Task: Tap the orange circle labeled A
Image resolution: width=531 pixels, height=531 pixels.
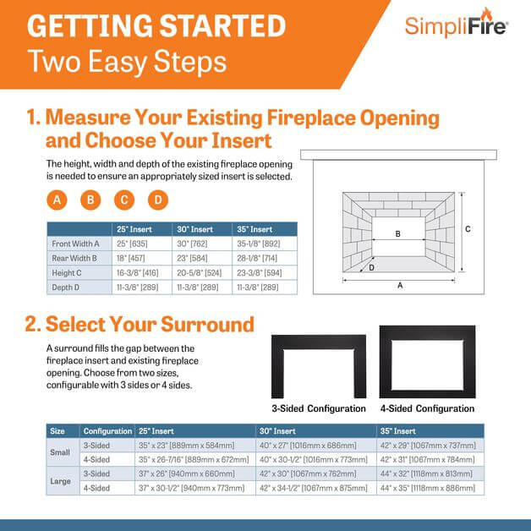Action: [57, 200]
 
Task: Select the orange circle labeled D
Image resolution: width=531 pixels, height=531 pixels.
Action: [158, 200]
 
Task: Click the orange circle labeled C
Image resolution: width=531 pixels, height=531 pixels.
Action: [124, 200]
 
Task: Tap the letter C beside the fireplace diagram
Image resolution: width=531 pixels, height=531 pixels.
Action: [468, 229]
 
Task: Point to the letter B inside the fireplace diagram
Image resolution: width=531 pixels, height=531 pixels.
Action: [398, 233]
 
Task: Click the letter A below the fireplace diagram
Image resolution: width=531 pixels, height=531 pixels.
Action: [400, 286]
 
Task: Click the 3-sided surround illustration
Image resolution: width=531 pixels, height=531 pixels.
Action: [318, 366]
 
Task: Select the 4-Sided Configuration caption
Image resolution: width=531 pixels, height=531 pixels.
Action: [427, 408]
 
